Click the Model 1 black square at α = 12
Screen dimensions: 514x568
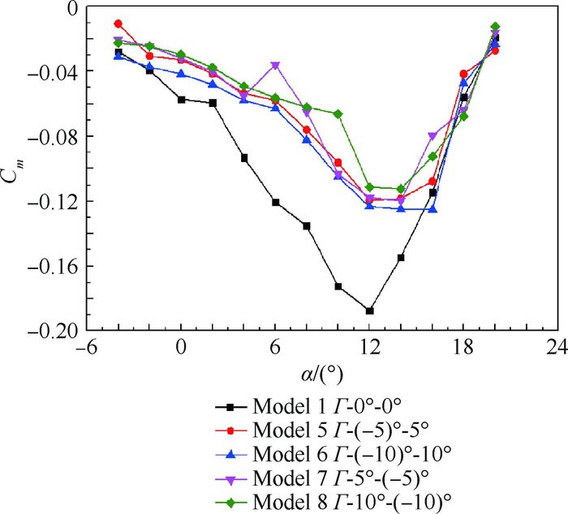[369, 311]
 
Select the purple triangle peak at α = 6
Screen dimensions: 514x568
[275, 66]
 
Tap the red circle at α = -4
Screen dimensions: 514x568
[118, 24]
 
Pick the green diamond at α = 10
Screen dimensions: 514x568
[338, 114]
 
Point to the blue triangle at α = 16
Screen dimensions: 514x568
[432, 209]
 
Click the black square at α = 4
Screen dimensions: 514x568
[244, 158]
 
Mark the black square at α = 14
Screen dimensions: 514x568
[401, 258]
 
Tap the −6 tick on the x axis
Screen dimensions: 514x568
[86, 346]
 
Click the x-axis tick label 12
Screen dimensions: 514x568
[369, 346]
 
